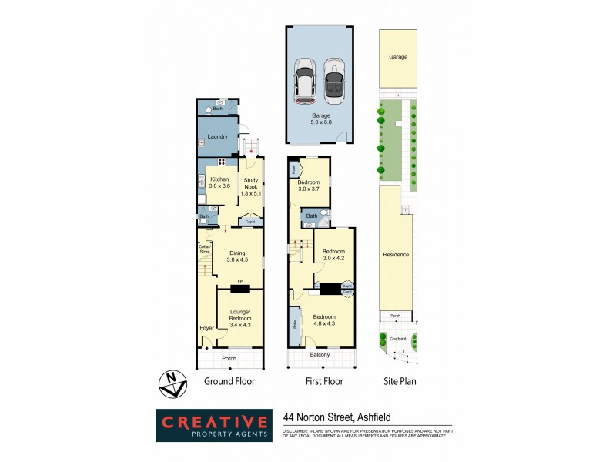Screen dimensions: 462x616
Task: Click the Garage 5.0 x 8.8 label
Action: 320,119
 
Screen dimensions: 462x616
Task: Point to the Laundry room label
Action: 218,137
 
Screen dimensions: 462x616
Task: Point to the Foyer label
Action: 206,328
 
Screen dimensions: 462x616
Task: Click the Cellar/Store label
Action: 205,249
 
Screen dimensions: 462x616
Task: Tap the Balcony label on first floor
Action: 320,354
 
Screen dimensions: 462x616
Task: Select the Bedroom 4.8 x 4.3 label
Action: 324,320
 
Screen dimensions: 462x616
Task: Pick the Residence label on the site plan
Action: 396,254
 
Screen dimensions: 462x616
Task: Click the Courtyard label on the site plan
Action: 397,338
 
